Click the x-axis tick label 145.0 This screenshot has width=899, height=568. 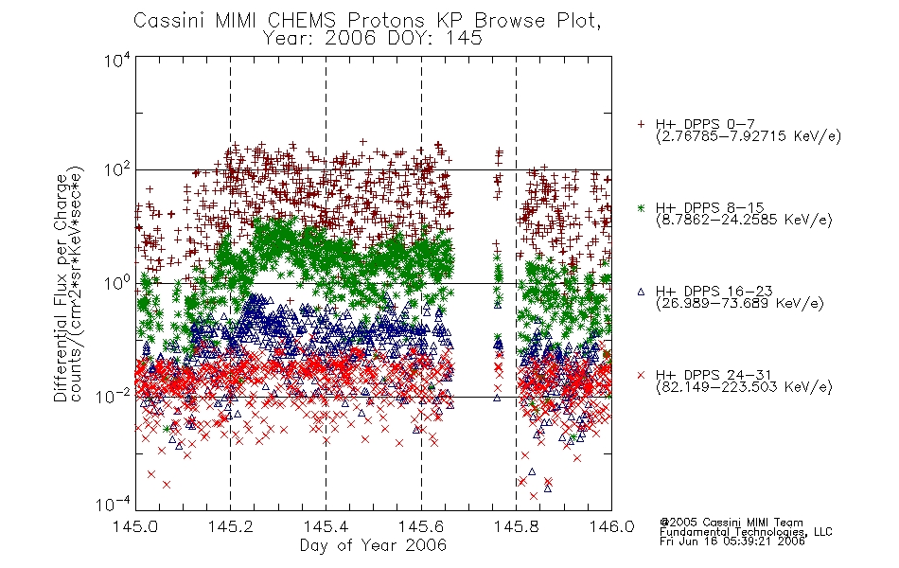[x=136, y=526]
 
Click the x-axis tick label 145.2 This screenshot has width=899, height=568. [x=231, y=526]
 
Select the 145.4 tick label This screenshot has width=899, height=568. [x=326, y=526]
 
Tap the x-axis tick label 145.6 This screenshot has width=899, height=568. [x=421, y=526]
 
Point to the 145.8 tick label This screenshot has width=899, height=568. [x=517, y=526]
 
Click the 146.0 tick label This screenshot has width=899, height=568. [x=611, y=526]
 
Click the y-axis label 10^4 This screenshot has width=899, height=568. [x=117, y=60]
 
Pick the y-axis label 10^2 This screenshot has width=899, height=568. [x=117, y=170]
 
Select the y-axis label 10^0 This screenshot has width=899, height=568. [x=117, y=283]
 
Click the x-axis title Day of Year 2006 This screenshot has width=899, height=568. [x=373, y=545]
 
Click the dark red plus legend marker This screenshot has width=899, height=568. [x=641, y=124]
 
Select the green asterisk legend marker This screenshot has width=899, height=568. [x=641, y=207]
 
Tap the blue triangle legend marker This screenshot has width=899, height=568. [x=641, y=292]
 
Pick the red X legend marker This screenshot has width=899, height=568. [x=641, y=375]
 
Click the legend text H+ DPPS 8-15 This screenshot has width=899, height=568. [x=710, y=207]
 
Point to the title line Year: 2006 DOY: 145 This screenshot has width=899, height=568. [x=373, y=38]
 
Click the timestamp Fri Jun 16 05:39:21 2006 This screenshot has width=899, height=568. [x=732, y=541]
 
